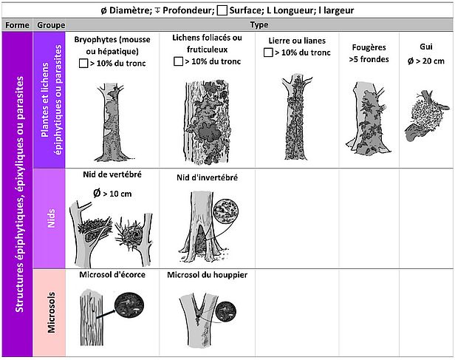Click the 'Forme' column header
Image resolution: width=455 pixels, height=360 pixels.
pos(17,25)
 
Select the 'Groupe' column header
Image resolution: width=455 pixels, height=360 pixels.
pos(51,25)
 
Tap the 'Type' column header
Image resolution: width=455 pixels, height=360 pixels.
pos(259,24)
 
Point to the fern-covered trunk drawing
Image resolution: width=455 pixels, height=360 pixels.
pos(369,118)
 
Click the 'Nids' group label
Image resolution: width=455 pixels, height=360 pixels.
pos(51,218)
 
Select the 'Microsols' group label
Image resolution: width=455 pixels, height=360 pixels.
pos(51,313)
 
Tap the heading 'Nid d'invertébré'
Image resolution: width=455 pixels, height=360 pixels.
pos(207,177)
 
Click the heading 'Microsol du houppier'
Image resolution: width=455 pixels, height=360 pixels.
pos(207,275)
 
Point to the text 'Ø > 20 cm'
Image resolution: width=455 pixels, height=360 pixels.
pos(426,61)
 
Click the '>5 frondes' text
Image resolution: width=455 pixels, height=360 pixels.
pos(369,59)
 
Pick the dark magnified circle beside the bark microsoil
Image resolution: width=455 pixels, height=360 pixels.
pos(129,305)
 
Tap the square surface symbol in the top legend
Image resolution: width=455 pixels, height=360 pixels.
pos(222,10)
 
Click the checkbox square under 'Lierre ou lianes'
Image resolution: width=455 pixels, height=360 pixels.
pos(268,52)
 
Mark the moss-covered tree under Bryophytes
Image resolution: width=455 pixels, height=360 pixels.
pos(112,122)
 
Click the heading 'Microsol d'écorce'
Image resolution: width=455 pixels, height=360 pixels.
pos(112,275)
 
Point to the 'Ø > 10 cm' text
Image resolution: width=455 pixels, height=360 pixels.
pos(112,193)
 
